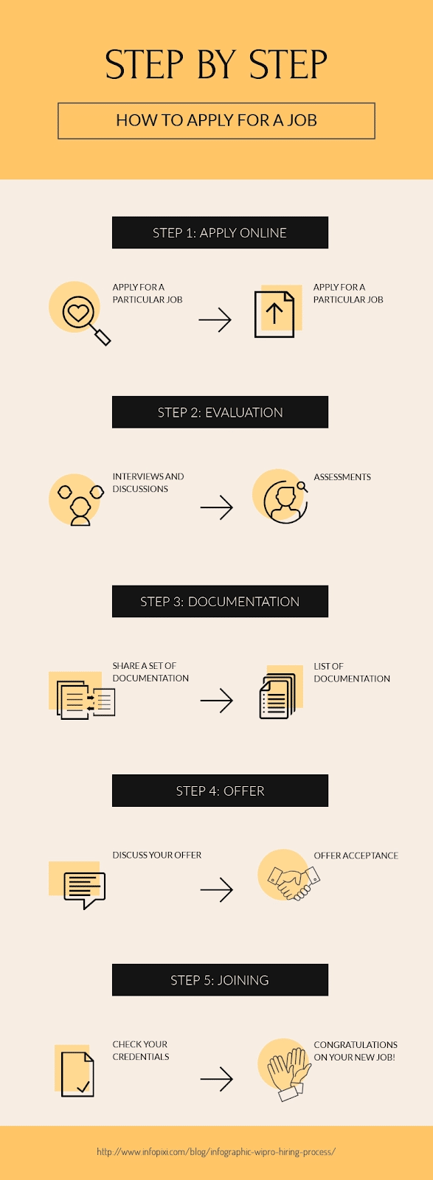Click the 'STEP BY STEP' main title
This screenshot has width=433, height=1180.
point(216,65)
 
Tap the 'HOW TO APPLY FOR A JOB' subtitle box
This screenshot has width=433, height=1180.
point(216,121)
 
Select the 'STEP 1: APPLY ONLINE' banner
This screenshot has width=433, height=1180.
point(220,232)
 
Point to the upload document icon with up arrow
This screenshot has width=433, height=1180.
point(274,314)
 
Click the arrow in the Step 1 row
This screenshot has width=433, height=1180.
point(215,320)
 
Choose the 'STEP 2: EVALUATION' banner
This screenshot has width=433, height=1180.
point(220,412)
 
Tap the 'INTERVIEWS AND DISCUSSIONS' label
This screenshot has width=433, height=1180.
point(148,482)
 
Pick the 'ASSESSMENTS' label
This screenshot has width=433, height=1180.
point(342,476)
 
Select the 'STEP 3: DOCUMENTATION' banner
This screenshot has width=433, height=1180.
point(220,601)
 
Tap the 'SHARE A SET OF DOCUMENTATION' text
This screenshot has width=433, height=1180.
point(150,672)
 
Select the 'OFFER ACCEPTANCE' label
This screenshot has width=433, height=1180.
point(356,855)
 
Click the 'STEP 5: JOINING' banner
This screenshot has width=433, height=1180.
point(220,980)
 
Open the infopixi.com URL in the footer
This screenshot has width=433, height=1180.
point(216,1151)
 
